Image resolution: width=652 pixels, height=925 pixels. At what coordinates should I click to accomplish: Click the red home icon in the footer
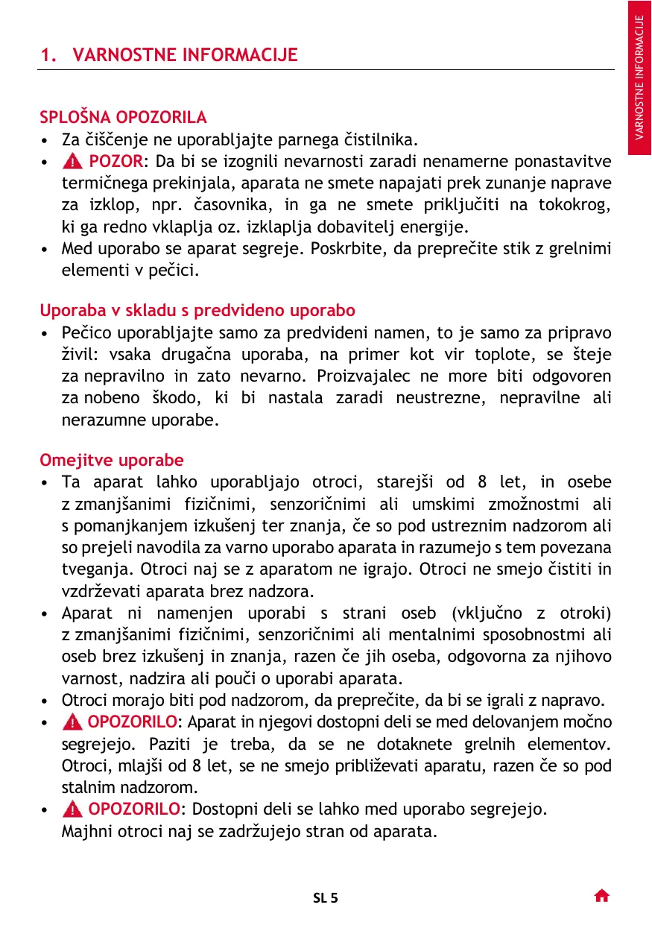[x=602, y=896]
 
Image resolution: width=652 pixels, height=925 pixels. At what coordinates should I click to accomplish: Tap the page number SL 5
[x=325, y=897]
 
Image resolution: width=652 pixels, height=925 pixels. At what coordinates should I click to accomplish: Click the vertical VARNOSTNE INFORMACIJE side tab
[x=639, y=78]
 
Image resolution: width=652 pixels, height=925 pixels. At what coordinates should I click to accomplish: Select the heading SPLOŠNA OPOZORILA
[x=123, y=117]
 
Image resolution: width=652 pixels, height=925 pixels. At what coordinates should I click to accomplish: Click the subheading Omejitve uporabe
[x=111, y=460]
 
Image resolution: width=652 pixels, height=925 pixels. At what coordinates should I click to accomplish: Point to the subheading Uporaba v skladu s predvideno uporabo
[x=197, y=309]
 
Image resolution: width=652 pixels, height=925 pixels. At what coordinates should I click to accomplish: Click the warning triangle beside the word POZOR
[x=75, y=162]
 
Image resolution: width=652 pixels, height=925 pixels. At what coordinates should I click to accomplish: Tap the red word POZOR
[x=115, y=162]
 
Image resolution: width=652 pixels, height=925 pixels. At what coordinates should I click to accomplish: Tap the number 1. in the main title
[x=48, y=55]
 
